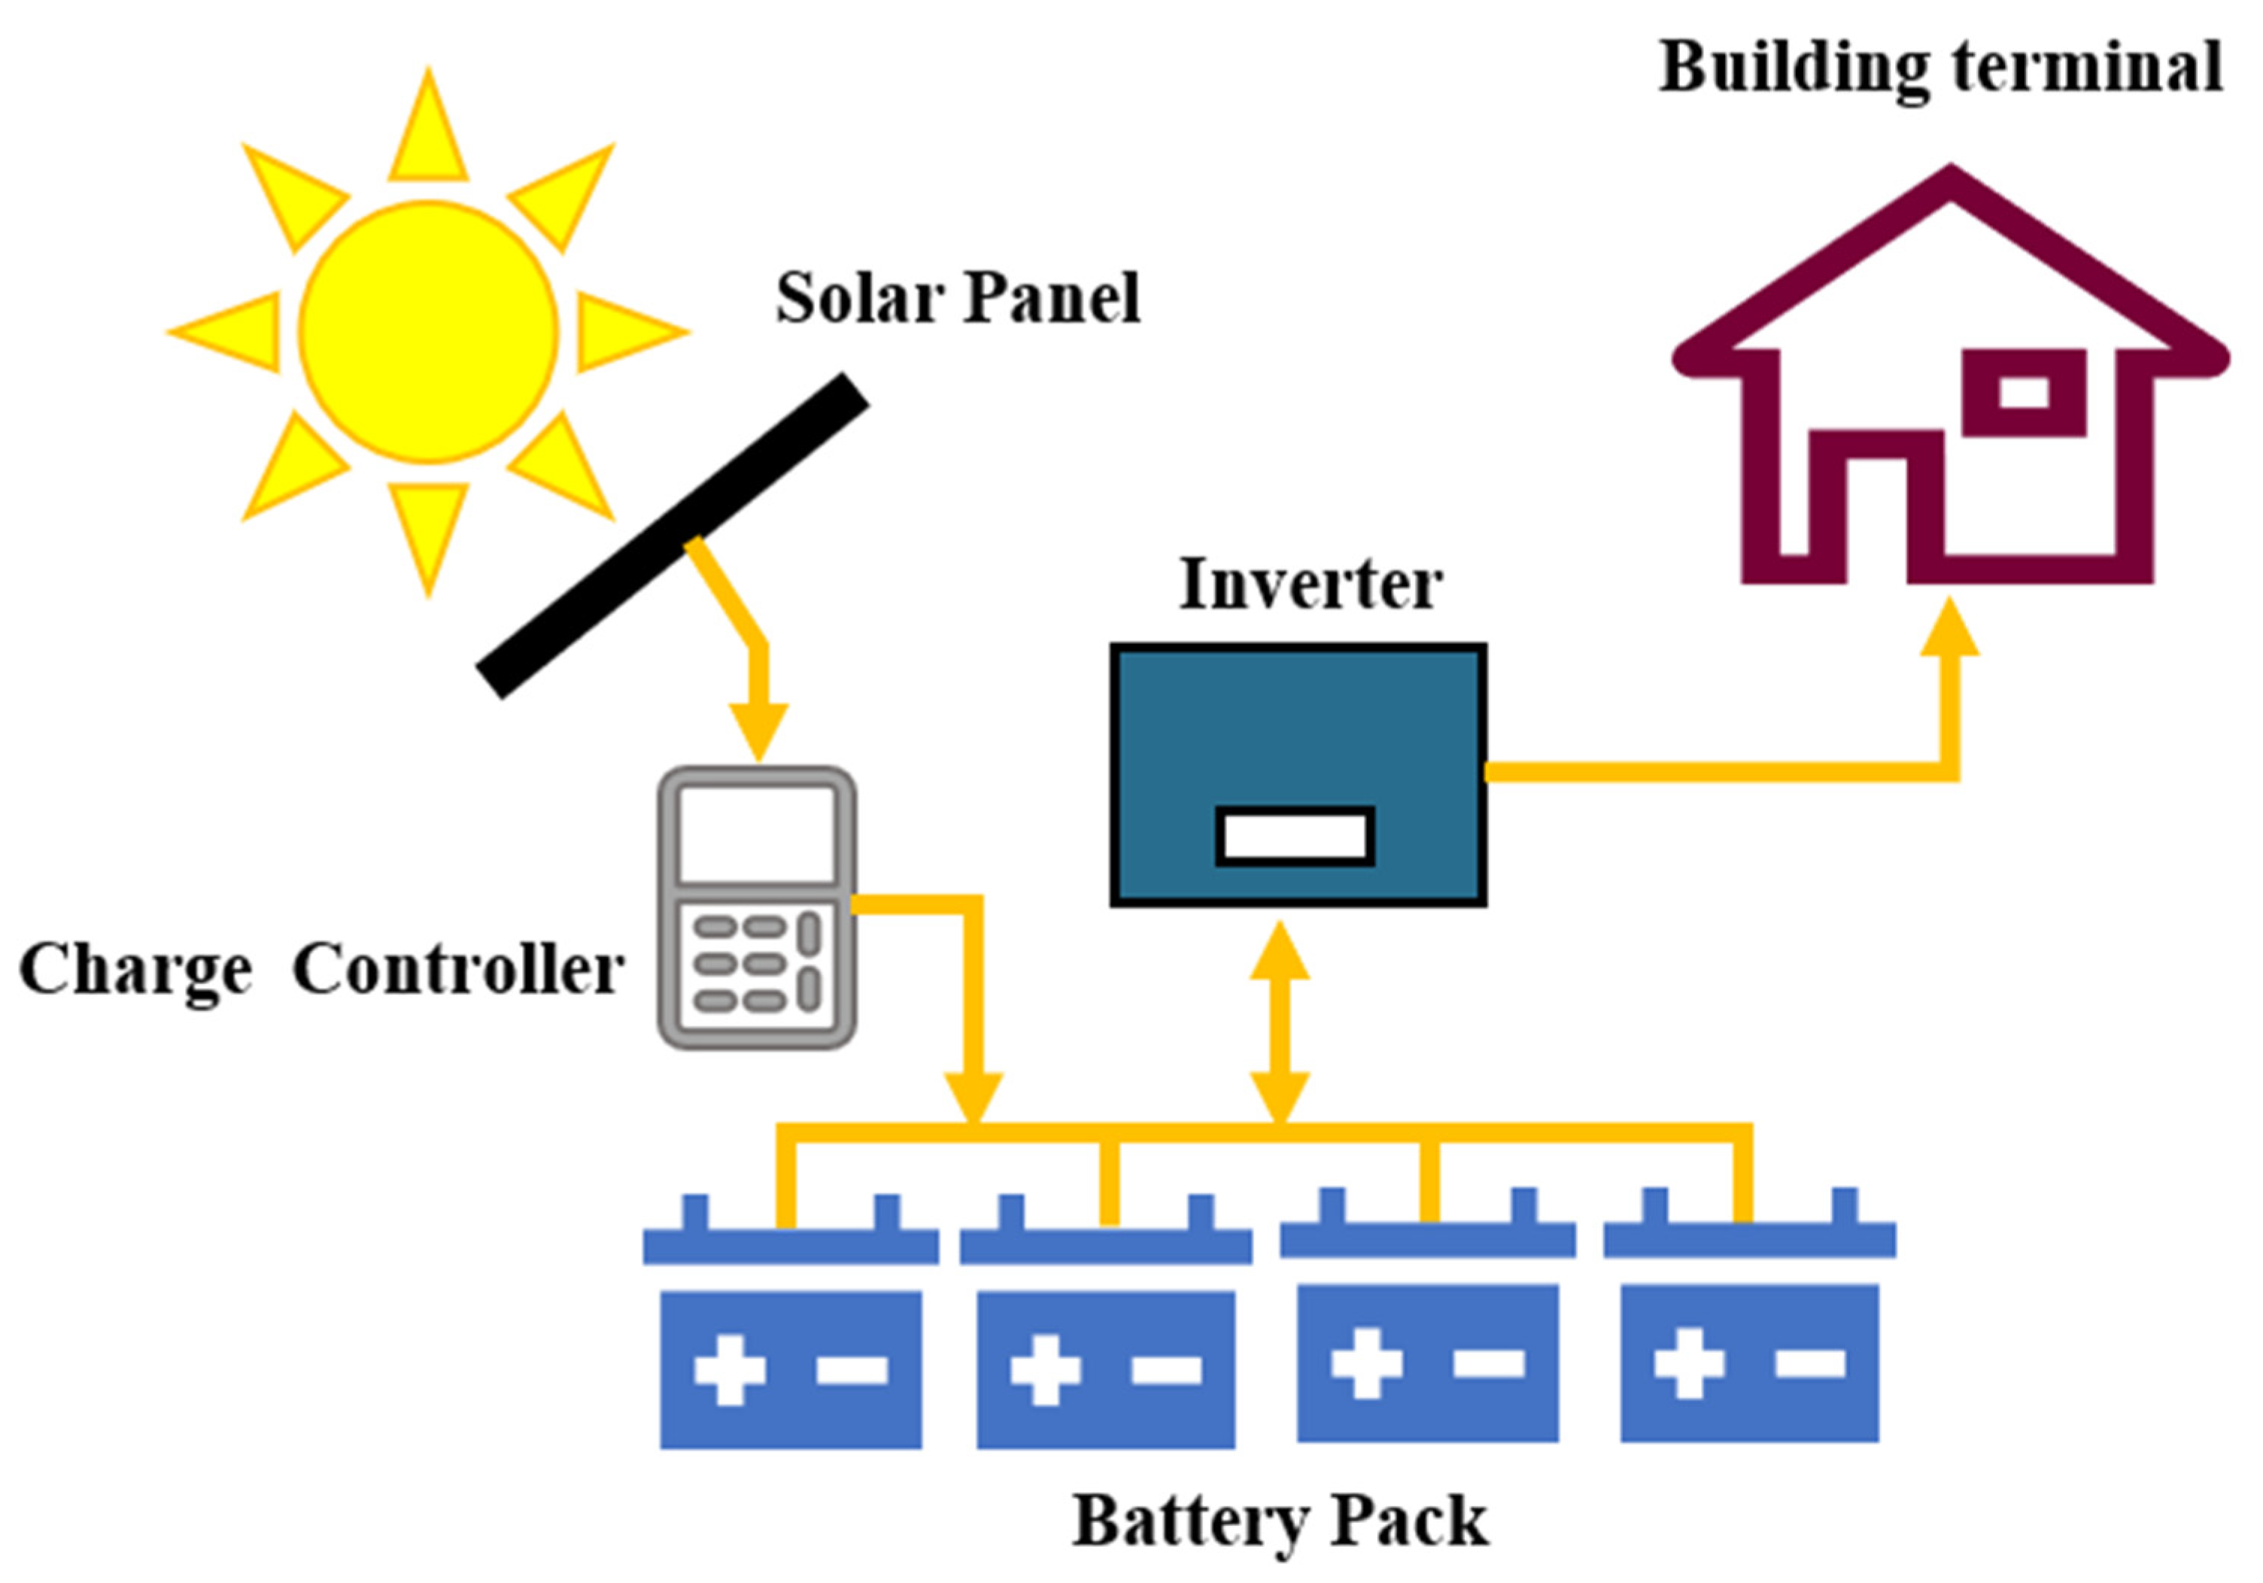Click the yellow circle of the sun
click(x=428, y=332)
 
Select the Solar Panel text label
click(x=957, y=298)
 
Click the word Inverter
click(x=1310, y=585)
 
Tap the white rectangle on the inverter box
click(x=1294, y=837)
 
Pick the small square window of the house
click(x=2024, y=392)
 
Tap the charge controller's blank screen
click(x=757, y=834)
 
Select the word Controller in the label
click(x=458, y=970)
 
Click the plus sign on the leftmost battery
click(x=729, y=1369)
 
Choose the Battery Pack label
click(x=1280, y=1521)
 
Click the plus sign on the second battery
click(x=1045, y=1369)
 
